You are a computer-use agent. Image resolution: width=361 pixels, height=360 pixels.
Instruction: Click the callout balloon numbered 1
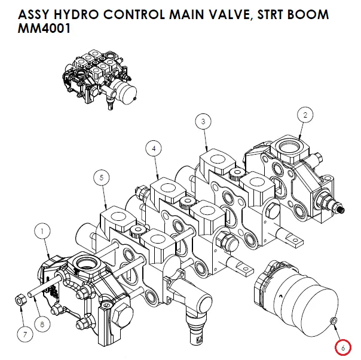tap(43, 229)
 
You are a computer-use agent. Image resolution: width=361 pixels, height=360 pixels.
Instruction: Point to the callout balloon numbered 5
tap(102, 177)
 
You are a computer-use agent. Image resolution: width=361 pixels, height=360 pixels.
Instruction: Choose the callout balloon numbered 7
tap(25, 334)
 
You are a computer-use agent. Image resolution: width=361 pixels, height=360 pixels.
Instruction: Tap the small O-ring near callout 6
tap(334, 322)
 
